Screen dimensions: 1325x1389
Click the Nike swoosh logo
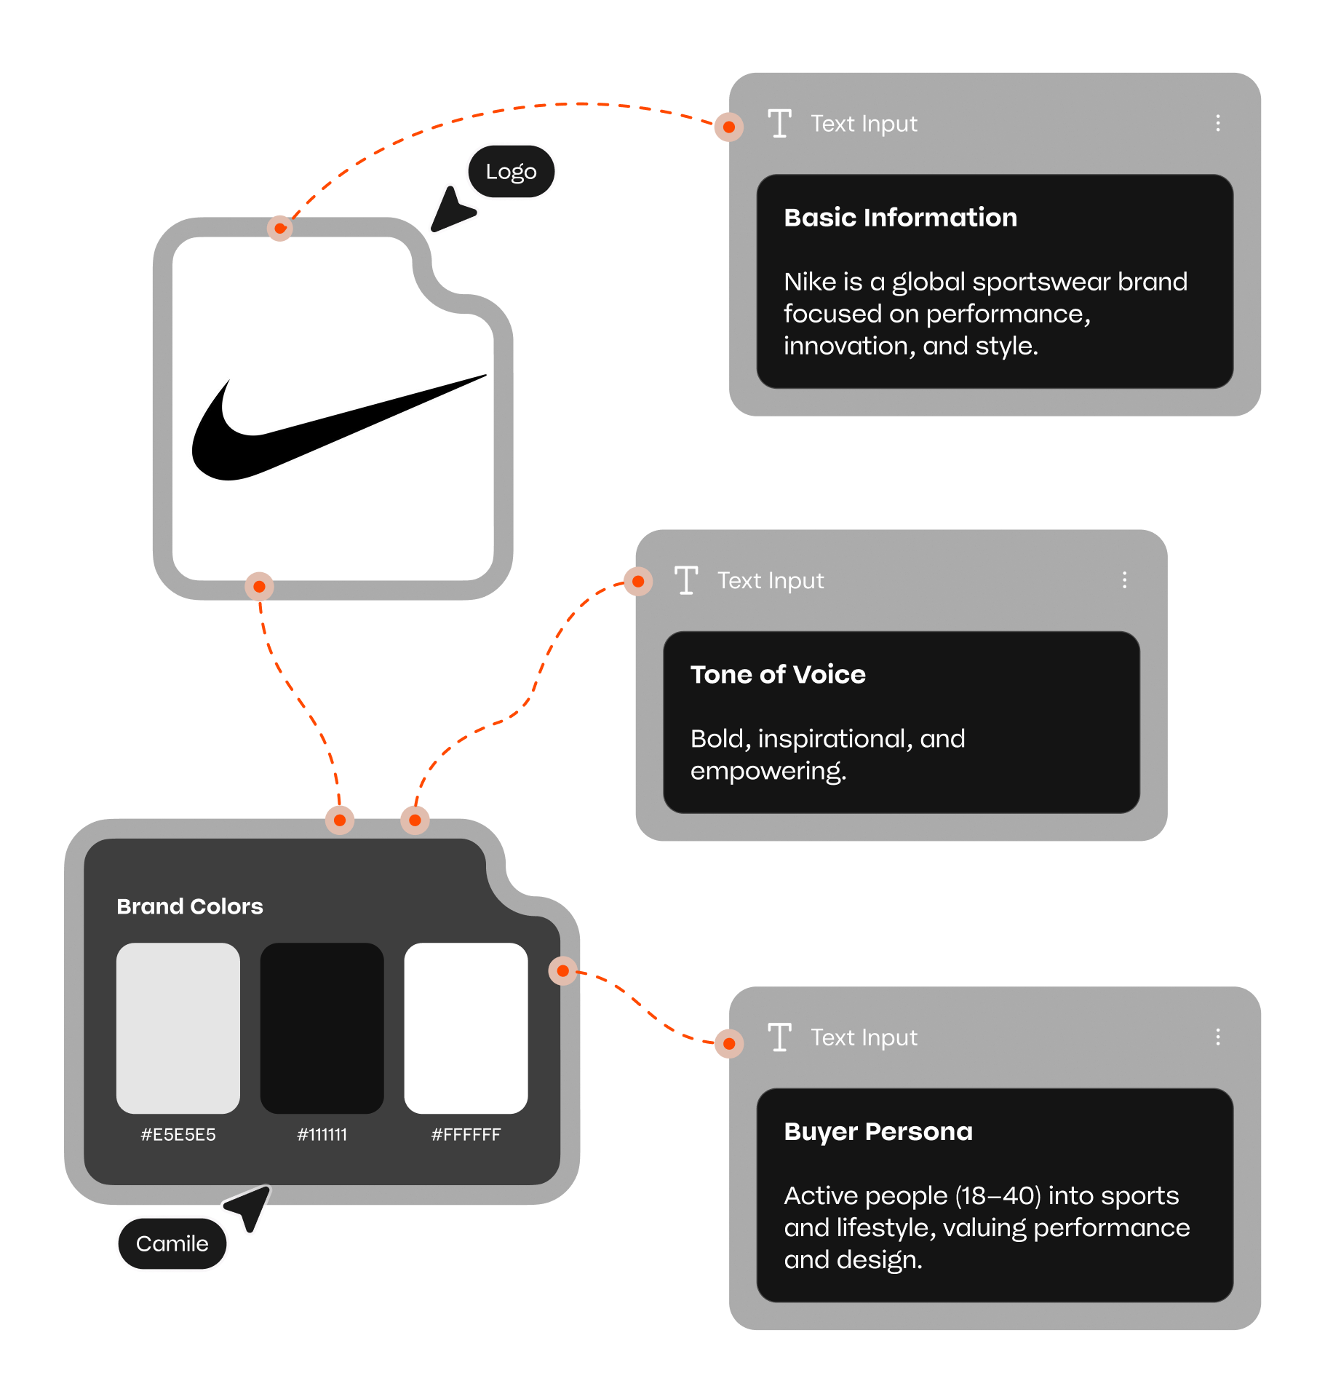coord(320,430)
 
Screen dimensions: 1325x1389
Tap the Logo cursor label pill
coord(512,172)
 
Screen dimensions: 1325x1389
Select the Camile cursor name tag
coord(172,1243)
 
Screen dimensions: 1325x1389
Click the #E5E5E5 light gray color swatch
coord(178,1028)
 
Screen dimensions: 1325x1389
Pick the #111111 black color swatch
coord(322,1028)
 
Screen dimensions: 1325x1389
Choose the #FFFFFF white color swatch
coord(466,1028)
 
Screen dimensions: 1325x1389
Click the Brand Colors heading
coord(190,906)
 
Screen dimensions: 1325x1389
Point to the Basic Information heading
coord(900,218)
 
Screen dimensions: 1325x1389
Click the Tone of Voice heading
coord(778,675)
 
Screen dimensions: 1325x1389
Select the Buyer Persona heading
coord(878,1132)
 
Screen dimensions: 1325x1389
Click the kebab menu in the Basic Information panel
coord(1218,123)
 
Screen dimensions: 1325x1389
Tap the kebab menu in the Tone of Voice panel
coord(1125,580)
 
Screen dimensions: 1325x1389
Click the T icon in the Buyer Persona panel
coord(780,1037)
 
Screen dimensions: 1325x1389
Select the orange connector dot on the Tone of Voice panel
coord(638,581)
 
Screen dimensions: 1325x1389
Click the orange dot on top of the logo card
coord(280,229)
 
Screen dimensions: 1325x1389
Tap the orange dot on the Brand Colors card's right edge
coord(562,971)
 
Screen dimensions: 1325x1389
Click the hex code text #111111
coord(322,1134)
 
